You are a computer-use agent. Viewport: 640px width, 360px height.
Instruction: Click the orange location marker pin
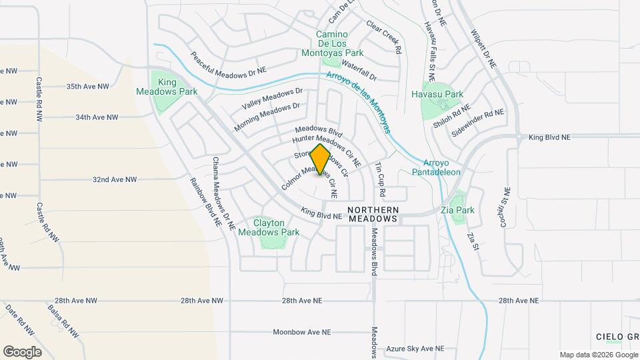click(x=320, y=159)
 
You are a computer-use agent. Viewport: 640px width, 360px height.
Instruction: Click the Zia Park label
click(x=457, y=210)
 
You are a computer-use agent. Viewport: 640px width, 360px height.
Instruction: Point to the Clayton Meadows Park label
click(x=277, y=227)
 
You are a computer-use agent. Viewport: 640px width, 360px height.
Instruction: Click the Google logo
click(x=22, y=351)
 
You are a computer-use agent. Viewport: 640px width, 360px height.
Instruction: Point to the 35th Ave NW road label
click(x=87, y=87)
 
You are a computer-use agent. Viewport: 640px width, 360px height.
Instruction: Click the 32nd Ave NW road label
click(x=115, y=179)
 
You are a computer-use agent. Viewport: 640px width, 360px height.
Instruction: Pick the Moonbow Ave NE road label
click(x=302, y=331)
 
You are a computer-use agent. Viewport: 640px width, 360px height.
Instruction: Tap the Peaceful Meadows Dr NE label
click(x=227, y=63)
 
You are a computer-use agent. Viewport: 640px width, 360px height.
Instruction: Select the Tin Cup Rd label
click(x=381, y=180)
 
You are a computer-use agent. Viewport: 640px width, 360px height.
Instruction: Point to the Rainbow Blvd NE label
click(x=205, y=203)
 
